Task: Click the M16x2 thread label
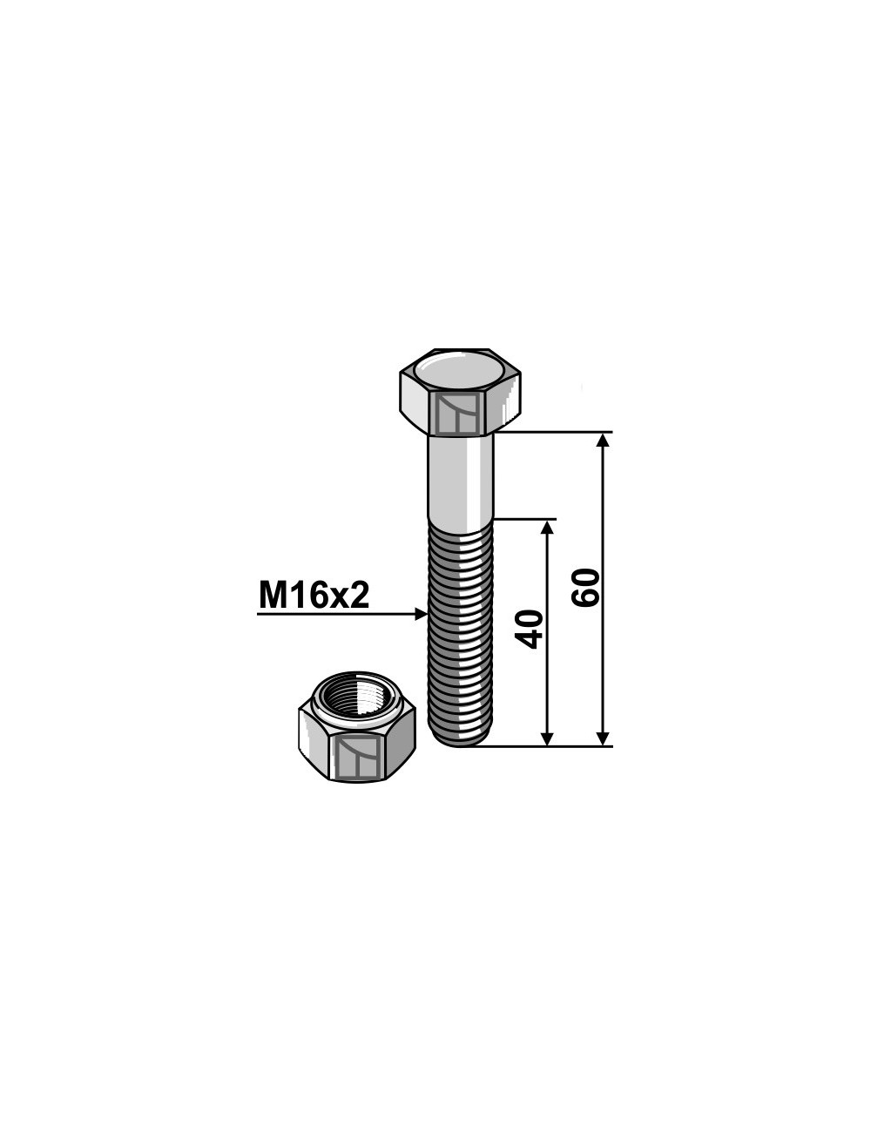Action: click(x=314, y=596)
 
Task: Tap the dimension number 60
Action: click(x=585, y=588)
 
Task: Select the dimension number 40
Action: click(x=530, y=630)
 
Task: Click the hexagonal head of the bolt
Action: click(x=460, y=392)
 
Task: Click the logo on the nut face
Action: click(x=357, y=756)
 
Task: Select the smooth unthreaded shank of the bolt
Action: click(x=461, y=476)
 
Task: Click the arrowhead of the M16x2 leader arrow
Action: click(x=422, y=614)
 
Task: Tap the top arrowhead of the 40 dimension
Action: click(x=547, y=528)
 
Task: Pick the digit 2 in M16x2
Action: click(x=359, y=596)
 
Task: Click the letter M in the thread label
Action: click(x=273, y=596)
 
